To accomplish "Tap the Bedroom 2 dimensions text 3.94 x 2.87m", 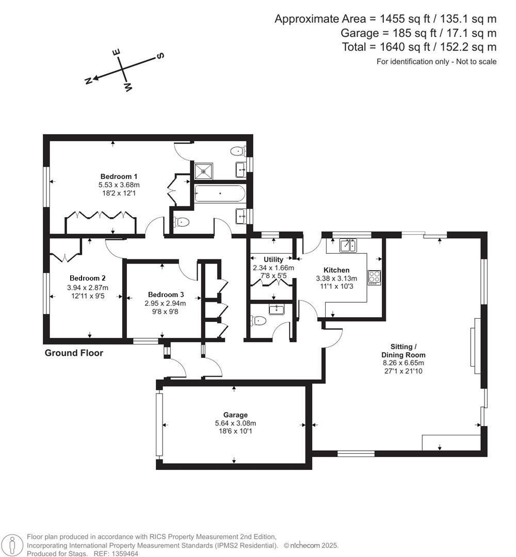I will [88, 288].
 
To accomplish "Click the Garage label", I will [235, 415].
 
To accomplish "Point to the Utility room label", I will [273, 259].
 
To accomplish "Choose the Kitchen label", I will [336, 270].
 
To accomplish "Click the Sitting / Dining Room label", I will [404, 351].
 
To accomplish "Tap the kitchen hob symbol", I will [374, 277].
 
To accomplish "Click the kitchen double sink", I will [348, 245].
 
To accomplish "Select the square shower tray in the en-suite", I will [203, 170].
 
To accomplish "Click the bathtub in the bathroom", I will [219, 193].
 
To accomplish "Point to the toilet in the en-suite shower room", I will [237, 151].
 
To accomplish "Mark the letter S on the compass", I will [160, 56].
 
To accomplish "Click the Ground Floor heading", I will [74, 353].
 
